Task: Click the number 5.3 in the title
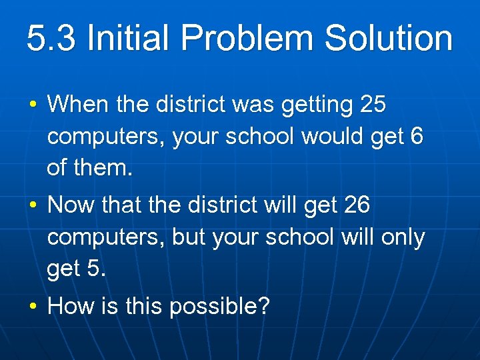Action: point(52,39)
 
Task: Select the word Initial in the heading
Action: point(129,39)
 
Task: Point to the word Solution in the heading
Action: point(389,39)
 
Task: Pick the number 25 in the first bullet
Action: point(372,105)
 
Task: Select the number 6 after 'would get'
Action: point(417,137)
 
